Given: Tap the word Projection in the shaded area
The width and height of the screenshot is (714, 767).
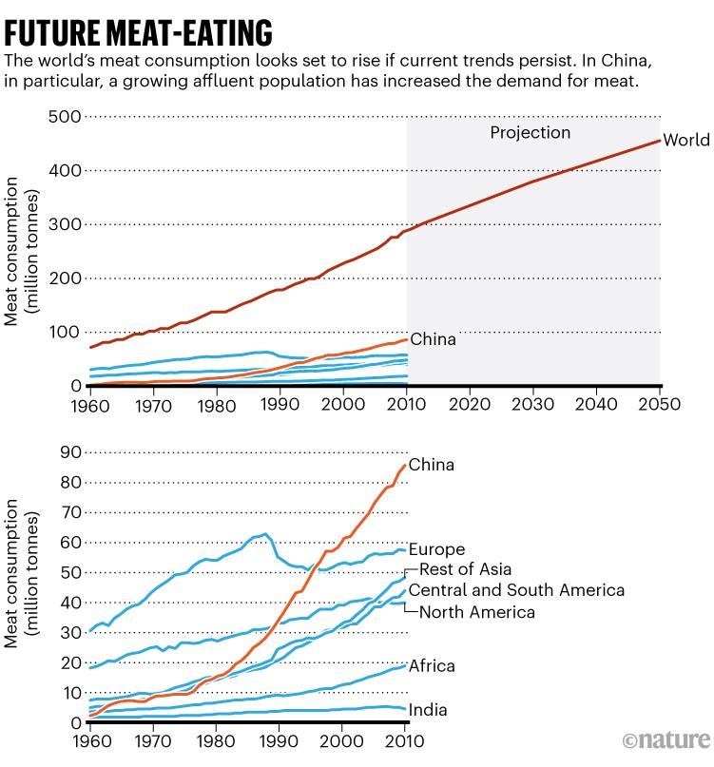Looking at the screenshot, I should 530,133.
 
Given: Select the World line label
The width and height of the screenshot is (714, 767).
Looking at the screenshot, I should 686,141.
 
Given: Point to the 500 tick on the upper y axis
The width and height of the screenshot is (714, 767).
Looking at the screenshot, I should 64,117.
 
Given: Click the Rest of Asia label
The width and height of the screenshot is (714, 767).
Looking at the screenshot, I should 465,570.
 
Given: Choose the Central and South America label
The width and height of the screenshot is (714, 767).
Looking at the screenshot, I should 516,591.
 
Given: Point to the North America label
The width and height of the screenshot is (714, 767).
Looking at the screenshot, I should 476,612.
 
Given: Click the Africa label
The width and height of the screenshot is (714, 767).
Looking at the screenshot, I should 432,666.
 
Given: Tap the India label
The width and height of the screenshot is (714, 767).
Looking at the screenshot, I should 428,710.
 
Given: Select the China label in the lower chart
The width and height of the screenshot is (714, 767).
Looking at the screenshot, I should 432,466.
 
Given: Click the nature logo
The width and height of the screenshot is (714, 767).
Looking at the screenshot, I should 666,739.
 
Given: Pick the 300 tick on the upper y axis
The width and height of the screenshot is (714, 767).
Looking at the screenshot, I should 64,224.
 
